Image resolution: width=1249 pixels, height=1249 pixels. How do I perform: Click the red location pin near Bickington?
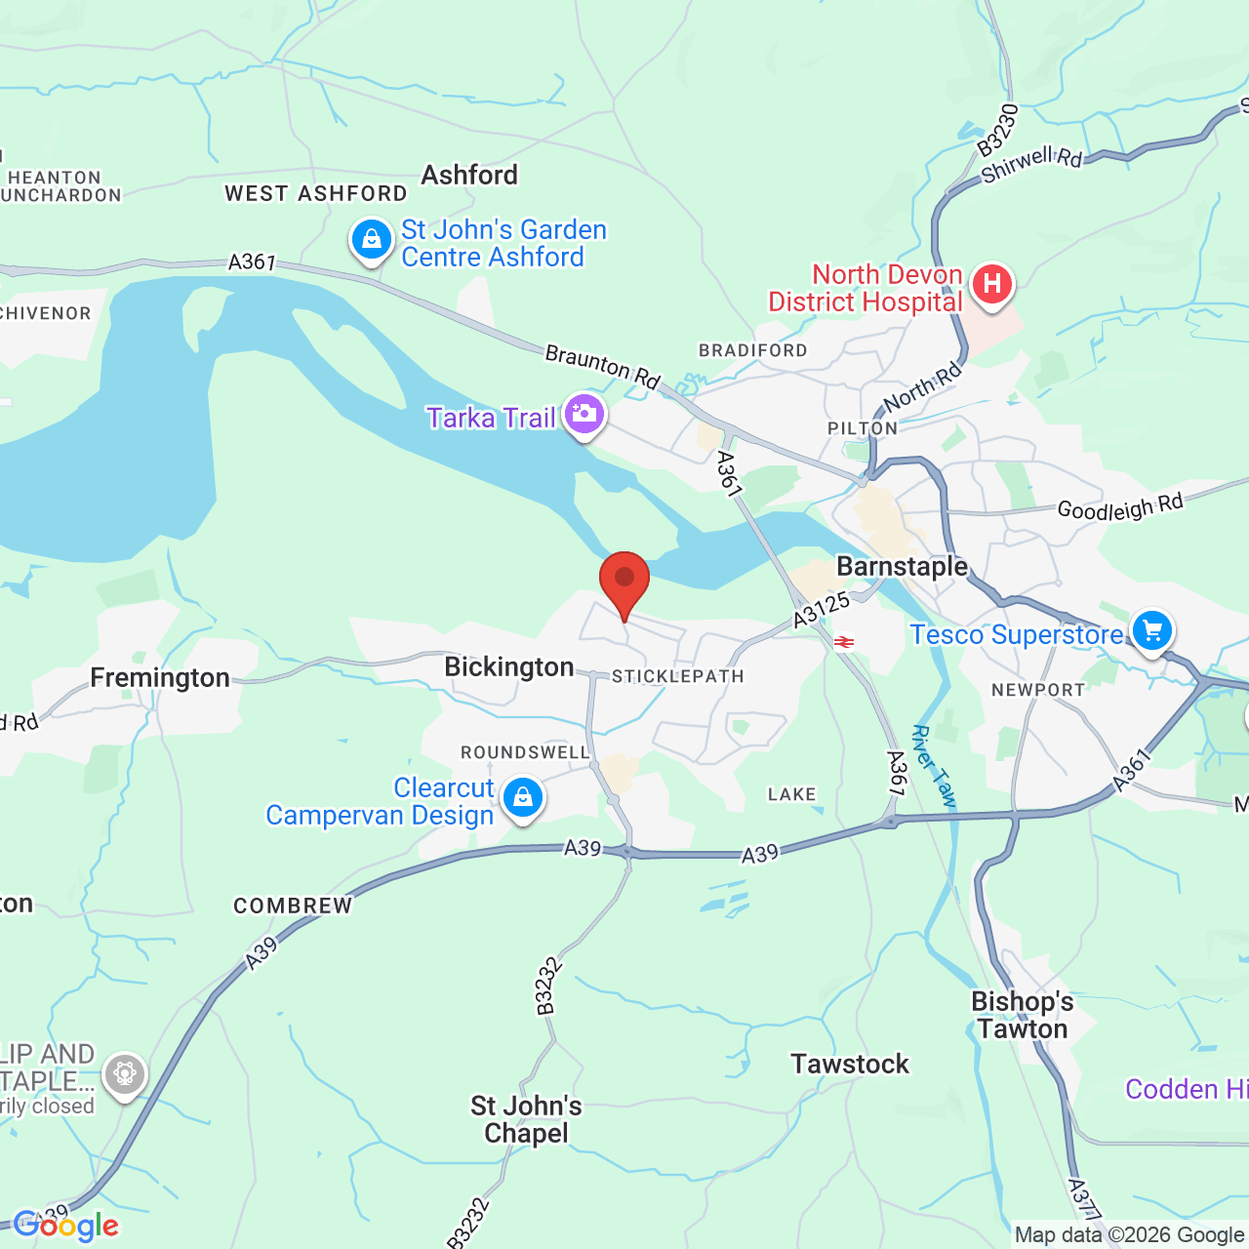(624, 582)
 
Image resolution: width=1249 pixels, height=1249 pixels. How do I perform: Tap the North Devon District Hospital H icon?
(991, 285)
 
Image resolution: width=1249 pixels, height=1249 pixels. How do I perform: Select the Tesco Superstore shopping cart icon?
(1151, 630)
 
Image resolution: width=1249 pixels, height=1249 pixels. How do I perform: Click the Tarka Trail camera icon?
(584, 414)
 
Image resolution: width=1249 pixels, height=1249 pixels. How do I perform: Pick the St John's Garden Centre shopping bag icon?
(372, 239)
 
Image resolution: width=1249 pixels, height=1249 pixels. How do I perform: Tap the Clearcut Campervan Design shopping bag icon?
(523, 797)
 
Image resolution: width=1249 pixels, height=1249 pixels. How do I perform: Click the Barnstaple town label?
(902, 567)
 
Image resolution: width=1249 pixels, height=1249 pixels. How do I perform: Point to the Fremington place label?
(160, 678)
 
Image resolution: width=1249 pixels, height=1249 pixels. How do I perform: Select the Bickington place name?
(508, 667)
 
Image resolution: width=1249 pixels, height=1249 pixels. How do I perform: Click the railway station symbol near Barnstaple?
(844, 642)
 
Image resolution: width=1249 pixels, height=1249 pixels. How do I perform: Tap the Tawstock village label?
(850, 1064)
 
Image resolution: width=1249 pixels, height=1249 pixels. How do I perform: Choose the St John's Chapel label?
(526, 1119)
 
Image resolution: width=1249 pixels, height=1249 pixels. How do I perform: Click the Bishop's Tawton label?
(1022, 1016)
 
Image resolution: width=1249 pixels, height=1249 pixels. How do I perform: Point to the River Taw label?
(934, 766)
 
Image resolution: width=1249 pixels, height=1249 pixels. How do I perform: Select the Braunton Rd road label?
(602, 366)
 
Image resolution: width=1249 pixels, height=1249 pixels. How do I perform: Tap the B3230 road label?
(998, 130)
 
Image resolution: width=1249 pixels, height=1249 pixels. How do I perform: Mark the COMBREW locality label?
(293, 906)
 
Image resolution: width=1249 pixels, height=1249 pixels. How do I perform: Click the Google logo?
(65, 1226)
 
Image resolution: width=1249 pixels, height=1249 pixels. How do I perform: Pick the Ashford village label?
(469, 176)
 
